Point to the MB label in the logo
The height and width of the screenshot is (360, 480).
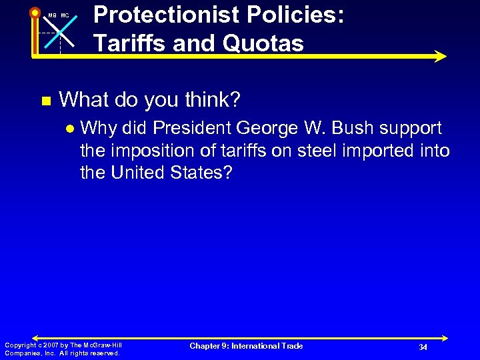coord(52,15)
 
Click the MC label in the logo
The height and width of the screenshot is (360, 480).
coord(65,15)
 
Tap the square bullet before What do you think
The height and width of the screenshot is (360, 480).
coord(45,101)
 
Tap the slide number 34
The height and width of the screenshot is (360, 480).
coord(423,347)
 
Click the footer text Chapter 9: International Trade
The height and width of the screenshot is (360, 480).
coord(246,346)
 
